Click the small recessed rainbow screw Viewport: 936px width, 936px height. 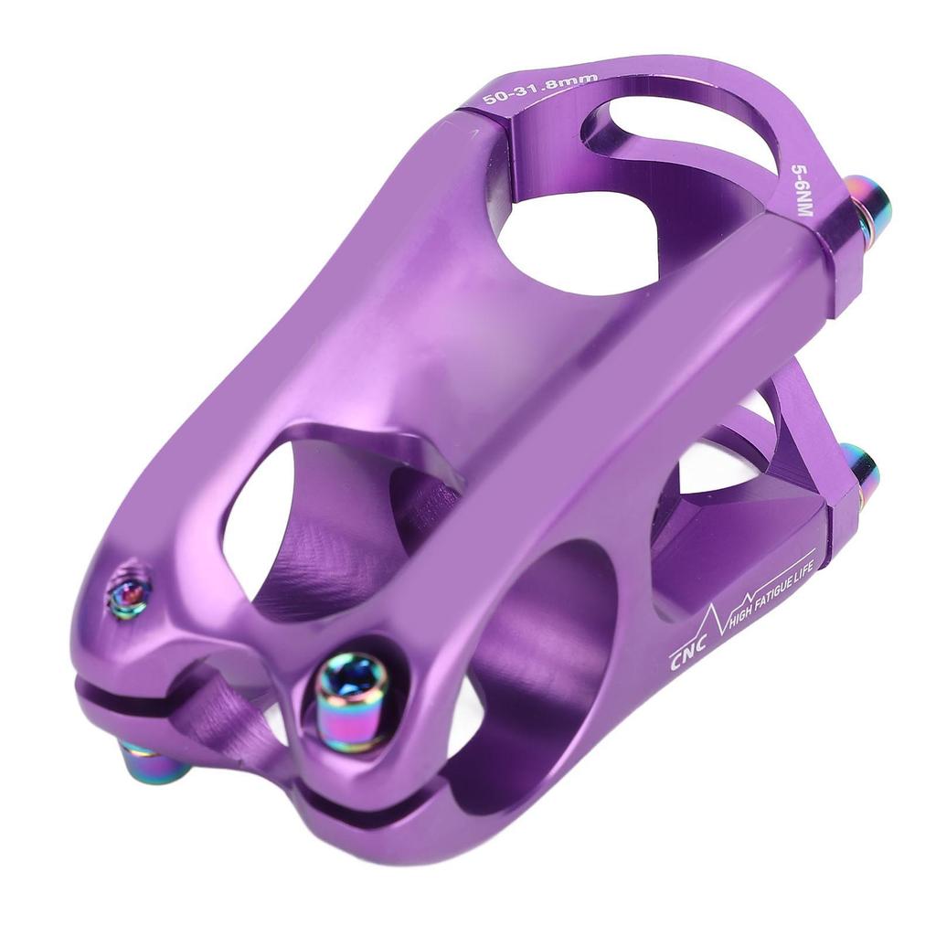click(x=128, y=595)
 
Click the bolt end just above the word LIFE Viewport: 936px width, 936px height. click(x=860, y=471)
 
